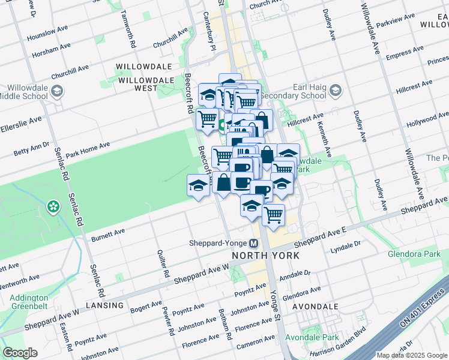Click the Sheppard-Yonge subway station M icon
tap(253, 244)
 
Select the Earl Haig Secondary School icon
tap(335, 91)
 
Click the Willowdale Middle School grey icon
tap(58, 92)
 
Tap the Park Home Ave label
tap(88, 149)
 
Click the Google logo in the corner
tap(20, 353)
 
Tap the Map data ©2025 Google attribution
tap(412, 355)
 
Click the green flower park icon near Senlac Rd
tap(53, 207)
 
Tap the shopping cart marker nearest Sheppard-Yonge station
tap(274, 214)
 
